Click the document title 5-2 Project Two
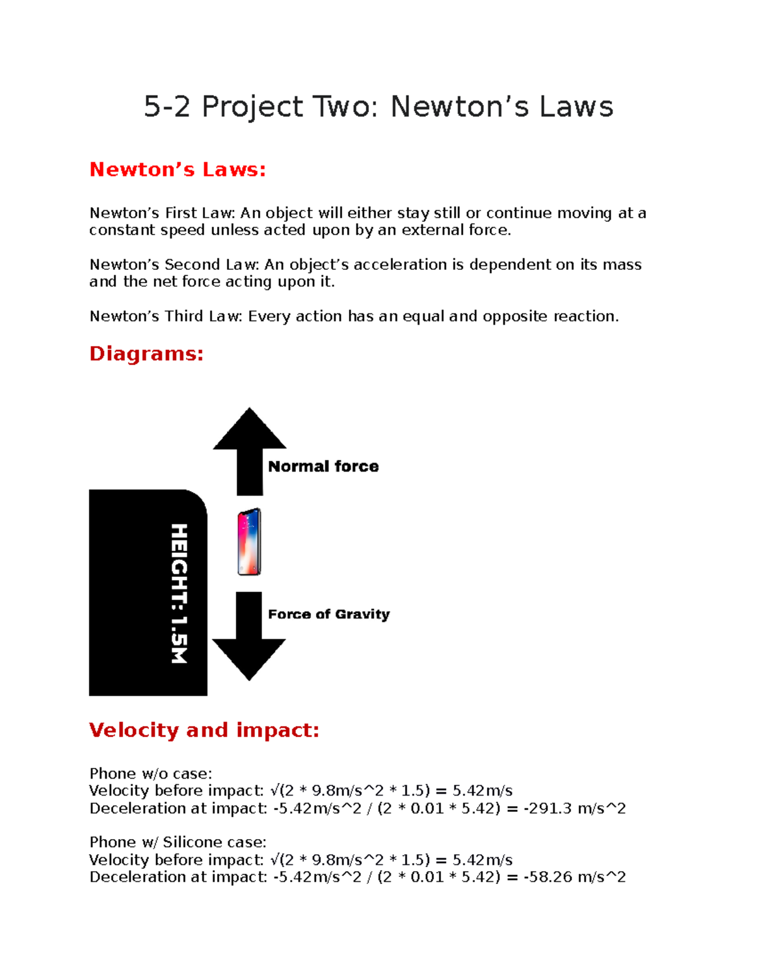point(378,107)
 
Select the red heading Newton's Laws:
point(177,170)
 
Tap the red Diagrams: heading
point(146,354)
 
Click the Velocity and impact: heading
point(204,730)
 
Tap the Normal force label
point(323,466)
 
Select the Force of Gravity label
point(329,614)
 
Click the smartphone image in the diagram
point(249,542)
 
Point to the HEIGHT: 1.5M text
point(179,593)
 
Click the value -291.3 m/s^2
point(575,809)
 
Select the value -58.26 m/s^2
point(575,878)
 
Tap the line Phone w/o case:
point(151,774)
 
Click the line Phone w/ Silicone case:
point(178,843)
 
